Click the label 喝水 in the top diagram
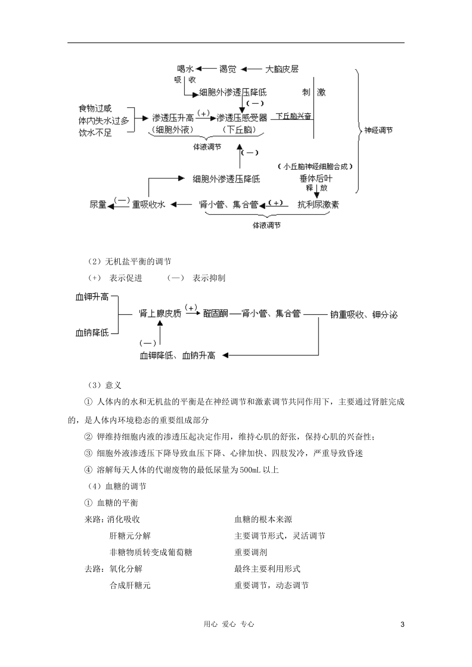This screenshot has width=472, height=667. coord(185,69)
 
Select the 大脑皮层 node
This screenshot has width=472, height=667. coord(282,69)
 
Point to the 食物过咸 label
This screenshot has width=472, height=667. coord(95,108)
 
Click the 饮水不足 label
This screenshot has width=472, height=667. coord(95,133)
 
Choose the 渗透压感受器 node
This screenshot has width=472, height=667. coord(242,118)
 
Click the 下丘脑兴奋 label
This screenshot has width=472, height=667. coord(294,117)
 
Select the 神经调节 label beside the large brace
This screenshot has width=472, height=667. coord(379,131)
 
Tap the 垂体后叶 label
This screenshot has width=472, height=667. coord(316,179)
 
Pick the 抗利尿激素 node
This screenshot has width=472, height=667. coord(318,204)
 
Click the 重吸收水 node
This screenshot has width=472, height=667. coord(148,204)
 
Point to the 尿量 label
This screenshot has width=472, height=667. coord(98,204)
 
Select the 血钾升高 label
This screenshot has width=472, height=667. coord(92,297)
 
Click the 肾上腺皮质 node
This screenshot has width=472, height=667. coord(160,314)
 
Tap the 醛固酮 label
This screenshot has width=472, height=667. coord(216,314)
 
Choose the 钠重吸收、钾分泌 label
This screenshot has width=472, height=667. coord(364,315)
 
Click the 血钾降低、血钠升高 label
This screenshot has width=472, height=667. coord(177,355)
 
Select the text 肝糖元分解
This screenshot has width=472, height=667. coord(130,536)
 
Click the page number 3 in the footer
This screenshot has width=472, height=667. coord(402,625)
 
